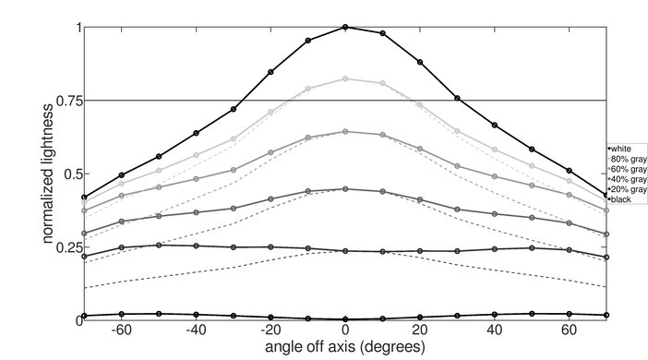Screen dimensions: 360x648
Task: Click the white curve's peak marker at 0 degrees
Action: tap(345, 27)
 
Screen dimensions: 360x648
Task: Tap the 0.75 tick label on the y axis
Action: tap(64, 101)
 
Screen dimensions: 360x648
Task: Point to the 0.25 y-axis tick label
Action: tap(64, 247)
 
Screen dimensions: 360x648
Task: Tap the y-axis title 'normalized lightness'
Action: tap(45, 174)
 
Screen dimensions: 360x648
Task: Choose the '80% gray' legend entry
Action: tap(626, 157)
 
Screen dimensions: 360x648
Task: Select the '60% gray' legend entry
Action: tap(626, 167)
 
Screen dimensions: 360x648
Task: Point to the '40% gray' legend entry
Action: tap(626, 177)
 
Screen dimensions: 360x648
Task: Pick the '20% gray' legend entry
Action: tap(626, 187)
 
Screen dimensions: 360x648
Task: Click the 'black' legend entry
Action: tap(619, 198)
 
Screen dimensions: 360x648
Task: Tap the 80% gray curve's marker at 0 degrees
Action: tap(345, 78)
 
